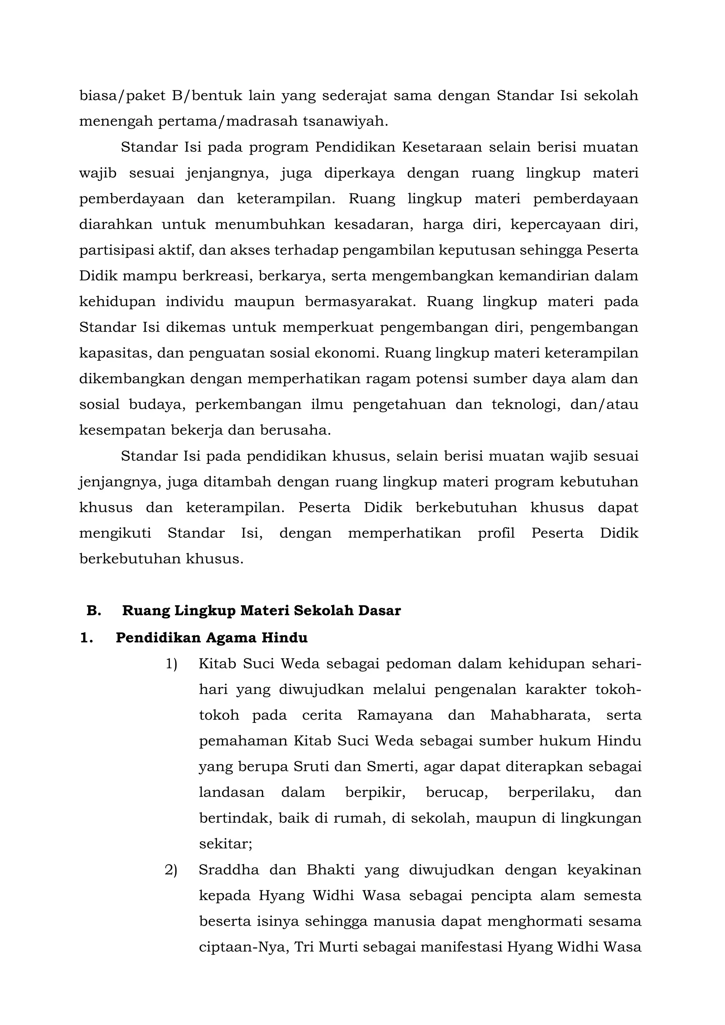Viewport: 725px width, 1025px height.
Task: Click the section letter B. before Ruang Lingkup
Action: coord(94,610)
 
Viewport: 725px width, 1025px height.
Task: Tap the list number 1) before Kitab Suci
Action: coord(172,664)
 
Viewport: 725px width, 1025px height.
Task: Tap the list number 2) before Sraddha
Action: coord(171,870)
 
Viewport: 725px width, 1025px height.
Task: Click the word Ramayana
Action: coord(395,715)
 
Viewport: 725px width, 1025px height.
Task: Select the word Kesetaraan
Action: coord(442,147)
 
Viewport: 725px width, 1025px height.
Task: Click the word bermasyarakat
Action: coord(360,302)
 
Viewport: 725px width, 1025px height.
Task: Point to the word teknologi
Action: coord(526,404)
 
